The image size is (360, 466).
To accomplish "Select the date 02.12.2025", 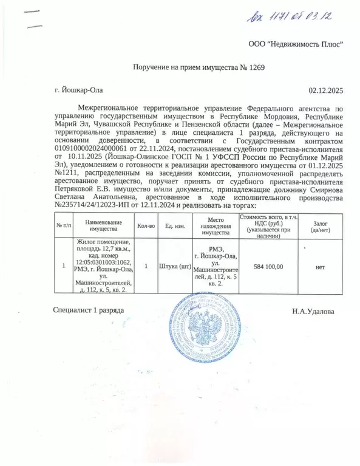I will point(326,91).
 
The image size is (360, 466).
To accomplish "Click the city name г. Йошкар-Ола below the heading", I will point(78,91).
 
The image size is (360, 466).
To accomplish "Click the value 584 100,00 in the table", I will point(268,266).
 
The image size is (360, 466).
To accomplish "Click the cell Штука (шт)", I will point(175,266).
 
